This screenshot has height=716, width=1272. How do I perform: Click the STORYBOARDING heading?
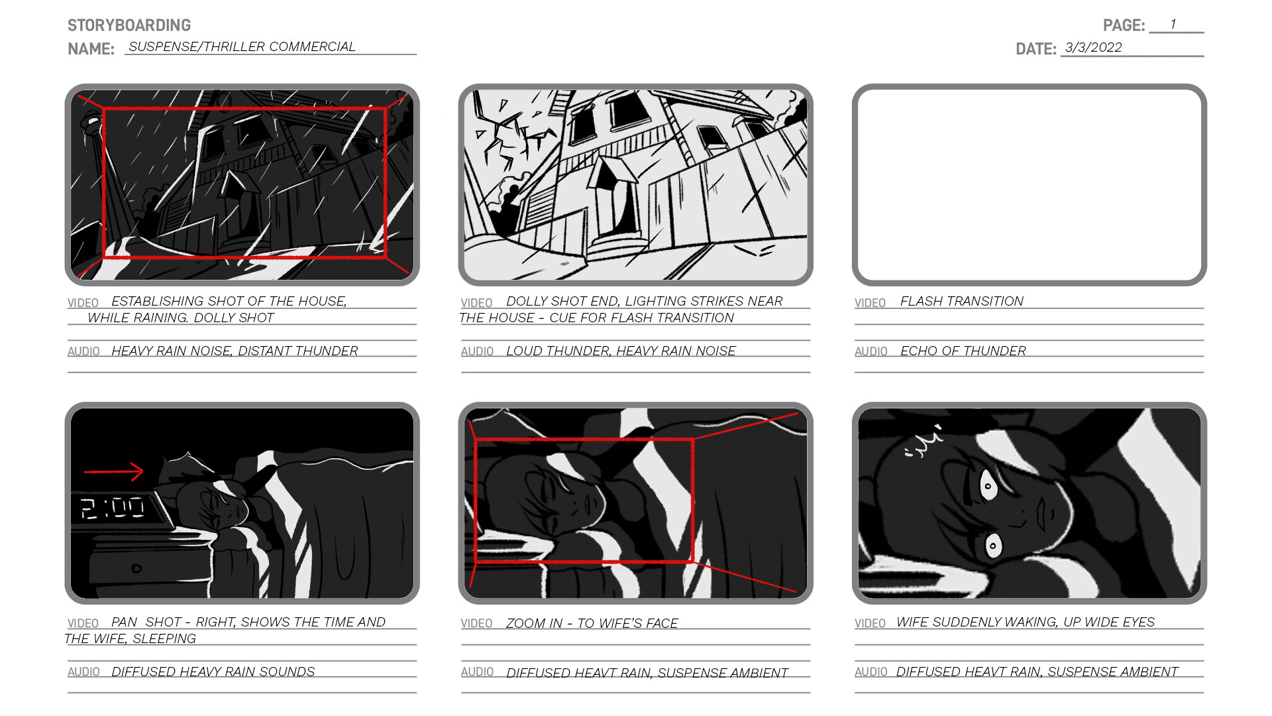click(129, 25)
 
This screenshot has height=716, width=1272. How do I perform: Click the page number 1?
click(1173, 25)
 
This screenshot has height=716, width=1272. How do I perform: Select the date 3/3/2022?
click(1093, 48)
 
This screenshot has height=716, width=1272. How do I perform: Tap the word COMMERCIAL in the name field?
click(312, 47)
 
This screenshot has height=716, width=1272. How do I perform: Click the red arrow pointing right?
click(114, 472)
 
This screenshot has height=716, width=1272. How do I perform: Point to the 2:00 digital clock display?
click(113, 508)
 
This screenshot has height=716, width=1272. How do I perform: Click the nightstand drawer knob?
click(136, 568)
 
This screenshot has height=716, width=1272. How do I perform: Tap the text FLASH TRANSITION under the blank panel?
click(961, 302)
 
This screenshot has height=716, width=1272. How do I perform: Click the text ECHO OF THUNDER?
click(963, 351)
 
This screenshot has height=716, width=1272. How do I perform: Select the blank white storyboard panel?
click(1029, 185)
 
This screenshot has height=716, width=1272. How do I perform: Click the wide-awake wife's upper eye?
click(988, 486)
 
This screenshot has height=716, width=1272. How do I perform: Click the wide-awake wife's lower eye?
click(992, 546)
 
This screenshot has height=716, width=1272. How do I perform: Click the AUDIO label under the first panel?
click(83, 351)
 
